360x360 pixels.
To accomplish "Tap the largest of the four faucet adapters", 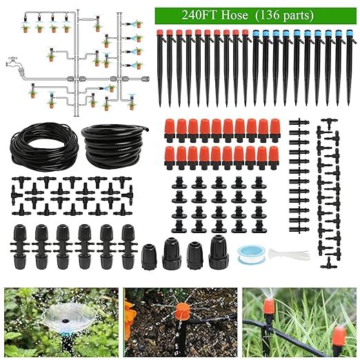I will [x=219, y=252].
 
